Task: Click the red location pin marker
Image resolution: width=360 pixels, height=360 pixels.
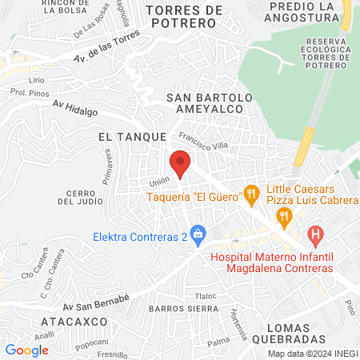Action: click(181, 163)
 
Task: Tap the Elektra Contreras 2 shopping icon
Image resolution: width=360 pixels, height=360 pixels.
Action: click(200, 234)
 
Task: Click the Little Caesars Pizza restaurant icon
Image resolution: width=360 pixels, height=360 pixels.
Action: click(283, 216)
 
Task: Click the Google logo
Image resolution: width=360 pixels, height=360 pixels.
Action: click(27, 350)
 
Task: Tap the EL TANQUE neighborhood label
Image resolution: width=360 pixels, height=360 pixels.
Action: click(131, 138)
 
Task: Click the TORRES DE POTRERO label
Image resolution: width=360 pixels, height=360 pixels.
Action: click(183, 17)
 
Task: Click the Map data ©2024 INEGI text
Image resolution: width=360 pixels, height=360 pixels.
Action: click(312, 354)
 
